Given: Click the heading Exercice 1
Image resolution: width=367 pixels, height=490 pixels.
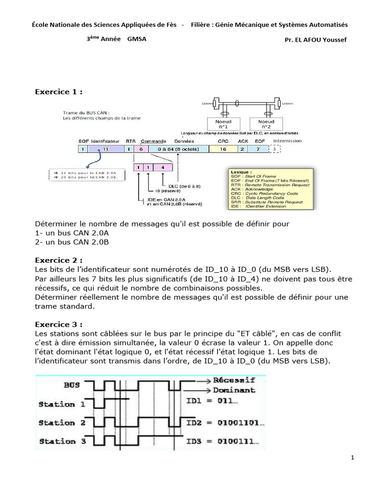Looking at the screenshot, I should (58, 91).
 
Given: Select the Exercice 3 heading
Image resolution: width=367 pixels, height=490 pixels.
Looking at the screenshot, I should (58, 323).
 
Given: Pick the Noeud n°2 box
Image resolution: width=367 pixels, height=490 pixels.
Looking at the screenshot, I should (266, 124).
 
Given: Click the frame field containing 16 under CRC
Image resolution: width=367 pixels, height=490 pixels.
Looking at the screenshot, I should (223, 149).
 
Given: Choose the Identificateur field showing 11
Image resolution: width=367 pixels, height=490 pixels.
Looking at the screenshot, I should (106, 149).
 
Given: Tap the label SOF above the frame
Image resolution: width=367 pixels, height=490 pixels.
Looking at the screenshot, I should (83, 142).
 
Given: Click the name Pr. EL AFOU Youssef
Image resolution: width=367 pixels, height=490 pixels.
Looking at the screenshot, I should (315, 40).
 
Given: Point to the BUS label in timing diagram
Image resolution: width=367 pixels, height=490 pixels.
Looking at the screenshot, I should (72, 384).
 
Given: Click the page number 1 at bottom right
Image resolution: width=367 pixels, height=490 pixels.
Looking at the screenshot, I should (352, 458).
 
